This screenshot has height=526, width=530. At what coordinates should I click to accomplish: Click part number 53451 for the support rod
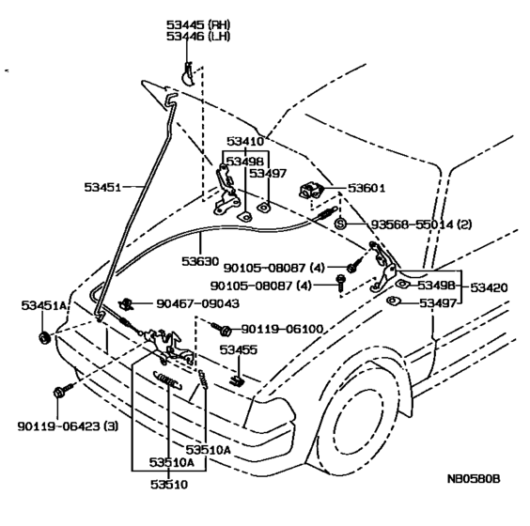point(102,187)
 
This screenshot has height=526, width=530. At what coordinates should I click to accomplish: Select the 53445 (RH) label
point(198,24)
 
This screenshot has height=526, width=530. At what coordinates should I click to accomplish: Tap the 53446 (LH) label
point(198,36)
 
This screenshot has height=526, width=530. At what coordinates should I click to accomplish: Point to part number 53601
point(366,188)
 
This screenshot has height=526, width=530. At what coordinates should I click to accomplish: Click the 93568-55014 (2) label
point(421,224)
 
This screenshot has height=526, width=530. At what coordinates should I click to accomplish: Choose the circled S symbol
point(340,224)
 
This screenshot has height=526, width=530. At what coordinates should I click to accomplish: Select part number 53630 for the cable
point(200,261)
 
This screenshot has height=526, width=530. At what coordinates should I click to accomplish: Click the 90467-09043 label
point(197,303)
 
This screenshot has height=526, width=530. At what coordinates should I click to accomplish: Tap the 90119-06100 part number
point(282,329)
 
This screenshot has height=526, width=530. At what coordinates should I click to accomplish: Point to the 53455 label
point(239,349)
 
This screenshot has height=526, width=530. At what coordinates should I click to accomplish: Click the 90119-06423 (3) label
point(68,426)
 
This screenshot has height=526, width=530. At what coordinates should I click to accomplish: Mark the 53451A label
point(44,305)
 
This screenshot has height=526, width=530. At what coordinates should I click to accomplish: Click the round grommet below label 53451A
point(44,338)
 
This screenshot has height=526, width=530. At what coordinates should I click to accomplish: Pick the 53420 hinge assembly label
point(489,287)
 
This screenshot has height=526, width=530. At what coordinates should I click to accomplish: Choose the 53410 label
point(245,141)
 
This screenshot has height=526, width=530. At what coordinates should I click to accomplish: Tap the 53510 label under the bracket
point(169,485)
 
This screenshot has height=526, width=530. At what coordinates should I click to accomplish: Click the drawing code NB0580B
point(474,479)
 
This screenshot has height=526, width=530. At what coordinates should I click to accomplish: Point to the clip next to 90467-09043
point(127,303)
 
